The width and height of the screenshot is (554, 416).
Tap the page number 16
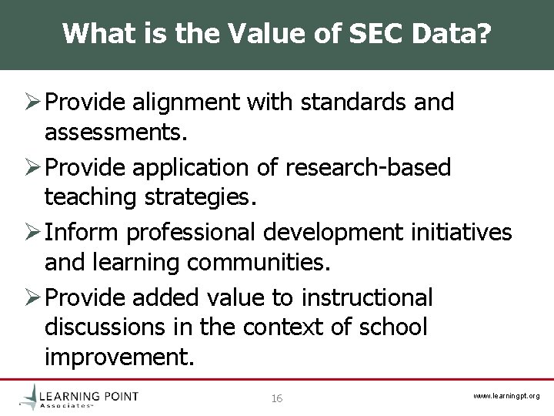click(277, 398)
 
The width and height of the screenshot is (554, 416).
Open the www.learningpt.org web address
click(506, 396)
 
